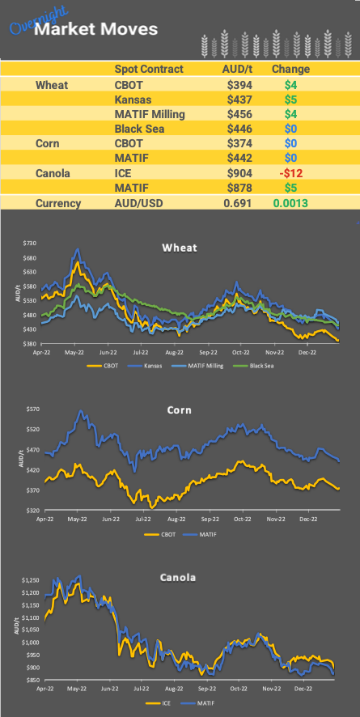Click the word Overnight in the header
tap(36, 22)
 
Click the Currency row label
tap(58, 203)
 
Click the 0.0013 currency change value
tap(289, 203)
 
